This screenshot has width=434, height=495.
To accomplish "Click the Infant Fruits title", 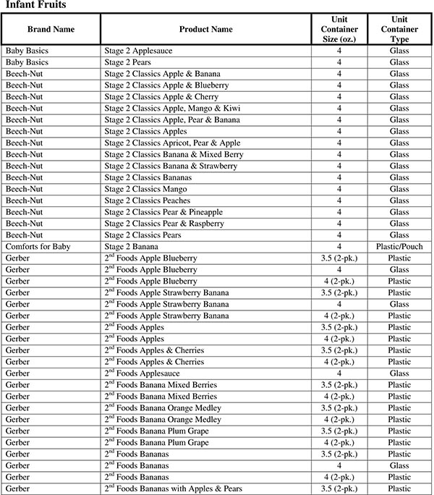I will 36,6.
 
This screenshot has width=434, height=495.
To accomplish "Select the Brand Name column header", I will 51,30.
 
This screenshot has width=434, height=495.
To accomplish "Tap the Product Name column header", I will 206,30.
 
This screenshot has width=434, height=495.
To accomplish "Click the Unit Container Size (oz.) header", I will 339,30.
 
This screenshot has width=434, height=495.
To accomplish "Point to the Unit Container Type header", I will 399,30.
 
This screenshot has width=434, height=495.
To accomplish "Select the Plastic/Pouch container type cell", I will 399,247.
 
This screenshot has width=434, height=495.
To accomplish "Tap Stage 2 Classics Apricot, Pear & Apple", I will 172,143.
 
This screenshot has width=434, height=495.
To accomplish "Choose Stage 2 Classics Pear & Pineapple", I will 163,212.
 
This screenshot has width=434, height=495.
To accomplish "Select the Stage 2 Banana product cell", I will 130,247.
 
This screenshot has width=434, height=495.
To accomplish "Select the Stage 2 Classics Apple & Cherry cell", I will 161,97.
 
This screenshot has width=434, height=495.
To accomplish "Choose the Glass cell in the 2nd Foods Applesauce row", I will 399,373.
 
